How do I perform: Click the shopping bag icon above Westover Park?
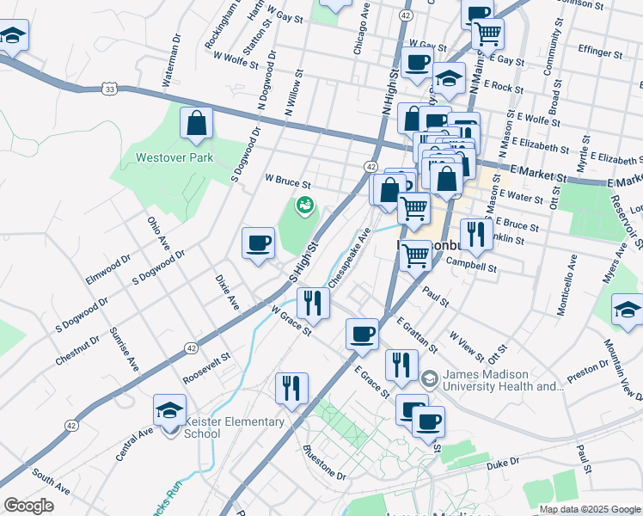click(x=197, y=123)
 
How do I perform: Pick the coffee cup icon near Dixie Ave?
click(x=258, y=243)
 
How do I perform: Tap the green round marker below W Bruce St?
click(x=303, y=206)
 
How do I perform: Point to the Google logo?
click(x=28, y=506)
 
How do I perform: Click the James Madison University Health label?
click(x=503, y=381)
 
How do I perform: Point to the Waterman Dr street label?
click(x=170, y=60)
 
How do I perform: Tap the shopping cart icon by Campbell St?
click(x=416, y=255)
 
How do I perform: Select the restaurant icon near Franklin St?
click(x=472, y=233)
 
